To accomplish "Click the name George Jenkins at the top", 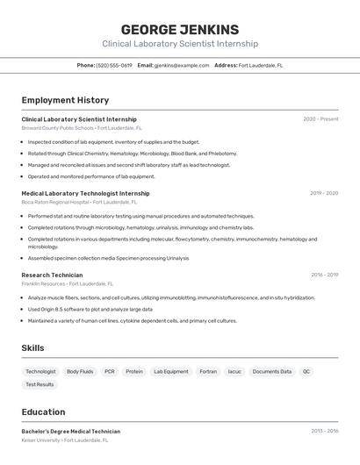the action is (180, 29).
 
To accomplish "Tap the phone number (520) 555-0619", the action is (114, 65).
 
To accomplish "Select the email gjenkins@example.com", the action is (182, 65).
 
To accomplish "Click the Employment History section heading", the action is (65, 100).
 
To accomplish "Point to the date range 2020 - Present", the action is (320, 119).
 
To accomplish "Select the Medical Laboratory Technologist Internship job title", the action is (85, 193).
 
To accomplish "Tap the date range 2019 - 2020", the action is (323, 193).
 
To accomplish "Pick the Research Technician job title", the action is (52, 275).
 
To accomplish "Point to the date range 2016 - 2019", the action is (324, 275).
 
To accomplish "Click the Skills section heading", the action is (32, 348).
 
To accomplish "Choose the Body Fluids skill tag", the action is (80, 371).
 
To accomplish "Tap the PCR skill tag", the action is (110, 371).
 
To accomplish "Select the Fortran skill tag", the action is (208, 371).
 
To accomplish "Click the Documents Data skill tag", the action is (272, 371).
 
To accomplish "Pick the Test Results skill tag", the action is (40, 384).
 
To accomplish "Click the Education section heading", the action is (43, 411).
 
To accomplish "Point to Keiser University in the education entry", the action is (41, 440).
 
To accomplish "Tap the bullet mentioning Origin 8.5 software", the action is (90, 309).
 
